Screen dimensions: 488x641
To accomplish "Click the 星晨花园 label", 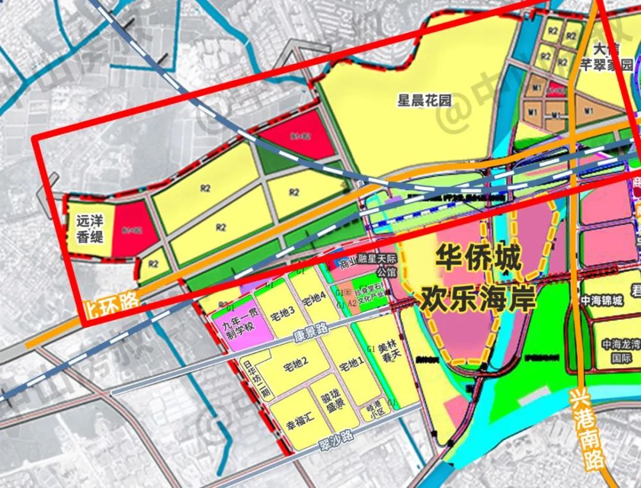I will [425, 101].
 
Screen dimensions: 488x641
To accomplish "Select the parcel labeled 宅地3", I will [282, 314].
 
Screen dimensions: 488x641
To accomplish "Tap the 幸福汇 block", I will [299, 417].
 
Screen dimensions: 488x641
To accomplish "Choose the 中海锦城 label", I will [601, 300].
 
